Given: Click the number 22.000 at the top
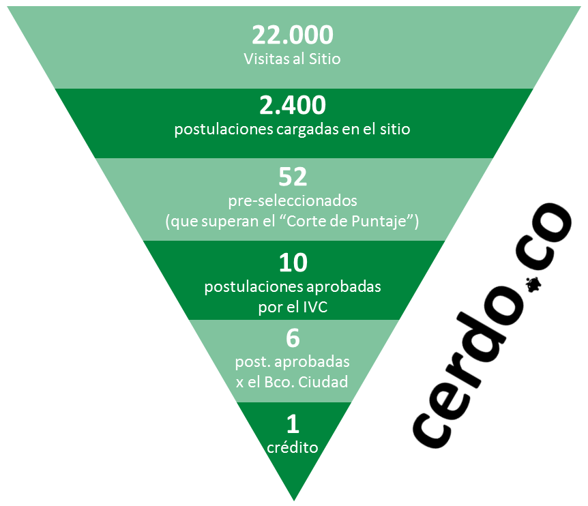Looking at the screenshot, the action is point(293,35).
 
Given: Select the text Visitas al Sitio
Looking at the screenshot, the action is point(293,59).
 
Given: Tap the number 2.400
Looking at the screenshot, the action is point(293,105).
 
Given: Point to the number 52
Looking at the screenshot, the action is point(293,177).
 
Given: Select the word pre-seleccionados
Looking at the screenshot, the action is point(293,203).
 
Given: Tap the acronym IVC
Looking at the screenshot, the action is point(314,307).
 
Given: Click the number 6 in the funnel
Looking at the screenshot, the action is point(293,338).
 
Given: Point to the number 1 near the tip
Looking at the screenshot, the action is point(293,424).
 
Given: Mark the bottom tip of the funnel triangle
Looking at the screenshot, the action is point(293,500).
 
